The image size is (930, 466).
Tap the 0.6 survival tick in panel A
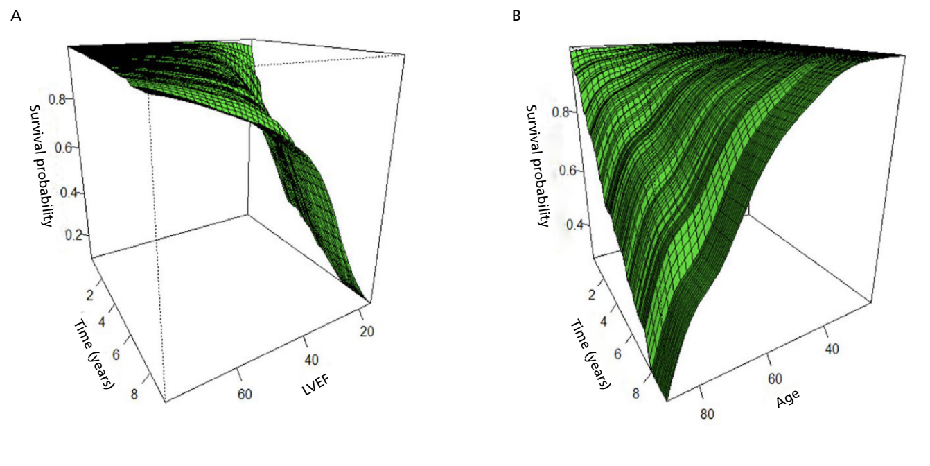[69, 147]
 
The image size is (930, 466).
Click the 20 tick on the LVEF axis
[367, 332]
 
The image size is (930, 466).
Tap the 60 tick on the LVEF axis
[245, 394]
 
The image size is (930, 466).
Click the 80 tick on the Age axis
[707, 415]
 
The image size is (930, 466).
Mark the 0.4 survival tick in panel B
[570, 225]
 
